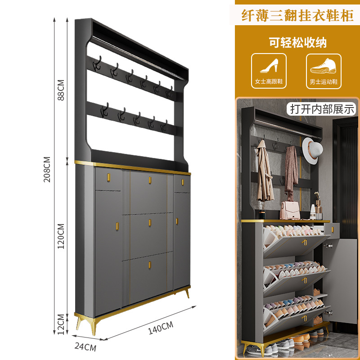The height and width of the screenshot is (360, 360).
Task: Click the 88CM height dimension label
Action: pyautogui.click(x=61, y=90)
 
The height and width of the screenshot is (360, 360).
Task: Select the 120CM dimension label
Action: pyautogui.click(x=61, y=236)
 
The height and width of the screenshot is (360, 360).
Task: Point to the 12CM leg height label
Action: pyautogui.click(x=61, y=323)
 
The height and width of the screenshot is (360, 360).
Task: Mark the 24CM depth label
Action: pyautogui.click(x=85, y=347)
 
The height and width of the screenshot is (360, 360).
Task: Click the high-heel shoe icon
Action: pyautogui.click(x=269, y=67)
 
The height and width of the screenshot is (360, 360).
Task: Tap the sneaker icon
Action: pyautogui.click(x=324, y=67)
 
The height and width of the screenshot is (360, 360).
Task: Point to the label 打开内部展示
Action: pyautogui.click(x=323, y=108)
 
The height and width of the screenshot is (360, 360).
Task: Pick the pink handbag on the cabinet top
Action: pyautogui.click(x=290, y=209)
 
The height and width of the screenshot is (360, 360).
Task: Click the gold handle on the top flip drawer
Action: pyautogui.click(x=149, y=180)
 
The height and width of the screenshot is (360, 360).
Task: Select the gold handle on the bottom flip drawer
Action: pyautogui.click(x=149, y=265)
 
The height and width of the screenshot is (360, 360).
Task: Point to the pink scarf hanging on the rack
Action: pyautogui.click(x=291, y=171)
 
